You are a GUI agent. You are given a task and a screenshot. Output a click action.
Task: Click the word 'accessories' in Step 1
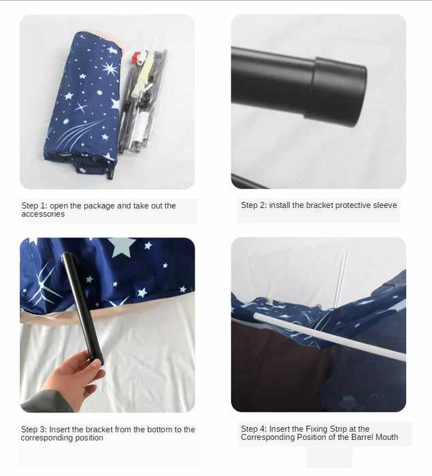click(x=43, y=214)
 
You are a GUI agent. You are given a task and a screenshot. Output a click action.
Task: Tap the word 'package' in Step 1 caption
click(x=99, y=206)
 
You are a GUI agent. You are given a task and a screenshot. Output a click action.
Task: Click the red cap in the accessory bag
click(x=136, y=56)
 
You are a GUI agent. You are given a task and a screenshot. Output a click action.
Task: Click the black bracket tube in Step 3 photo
click(x=82, y=308)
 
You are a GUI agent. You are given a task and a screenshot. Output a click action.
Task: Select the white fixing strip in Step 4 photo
click(x=329, y=337)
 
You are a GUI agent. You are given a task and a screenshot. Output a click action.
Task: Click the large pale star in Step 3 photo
click(x=121, y=246)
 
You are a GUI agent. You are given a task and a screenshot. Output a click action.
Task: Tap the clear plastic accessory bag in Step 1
click(x=144, y=100)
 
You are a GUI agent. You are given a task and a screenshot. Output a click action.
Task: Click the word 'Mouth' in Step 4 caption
click(x=385, y=437)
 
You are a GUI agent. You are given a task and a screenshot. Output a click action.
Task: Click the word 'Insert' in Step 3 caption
click(x=59, y=430)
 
